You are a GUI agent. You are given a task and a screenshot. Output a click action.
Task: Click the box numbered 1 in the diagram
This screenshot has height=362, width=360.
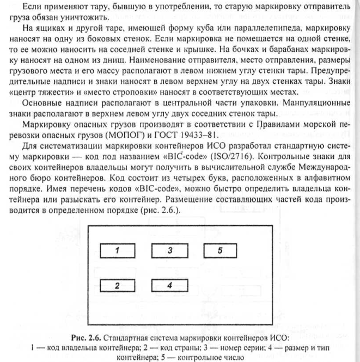pos(117,251)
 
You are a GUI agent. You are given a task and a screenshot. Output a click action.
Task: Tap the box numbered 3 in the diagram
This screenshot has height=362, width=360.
pos(169,251)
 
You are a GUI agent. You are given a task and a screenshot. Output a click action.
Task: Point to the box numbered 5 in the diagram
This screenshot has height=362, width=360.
pos(221,251)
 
